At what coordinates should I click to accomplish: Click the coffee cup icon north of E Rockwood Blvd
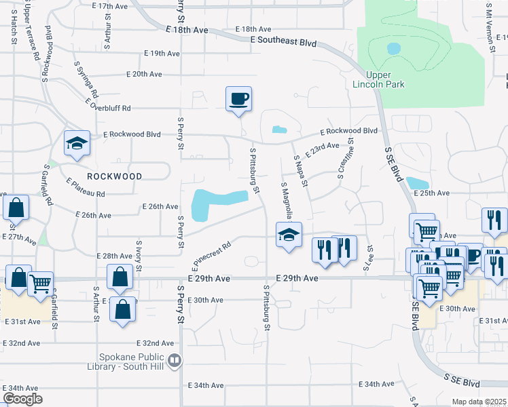coord(238,99)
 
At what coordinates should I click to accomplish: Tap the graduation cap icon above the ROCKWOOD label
coord(76,143)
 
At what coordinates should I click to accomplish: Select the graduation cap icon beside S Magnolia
coord(289,235)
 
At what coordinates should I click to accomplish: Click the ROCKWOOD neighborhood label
coord(114,176)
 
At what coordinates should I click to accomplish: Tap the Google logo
coord(22,399)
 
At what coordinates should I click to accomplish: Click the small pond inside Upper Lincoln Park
coord(393,49)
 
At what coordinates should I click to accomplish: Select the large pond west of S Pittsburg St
coord(216,203)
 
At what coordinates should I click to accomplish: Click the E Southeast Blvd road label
coord(283,41)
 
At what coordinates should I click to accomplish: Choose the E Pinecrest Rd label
coord(211,252)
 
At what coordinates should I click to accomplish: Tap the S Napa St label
coord(301,170)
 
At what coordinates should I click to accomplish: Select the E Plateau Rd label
coord(86,188)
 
